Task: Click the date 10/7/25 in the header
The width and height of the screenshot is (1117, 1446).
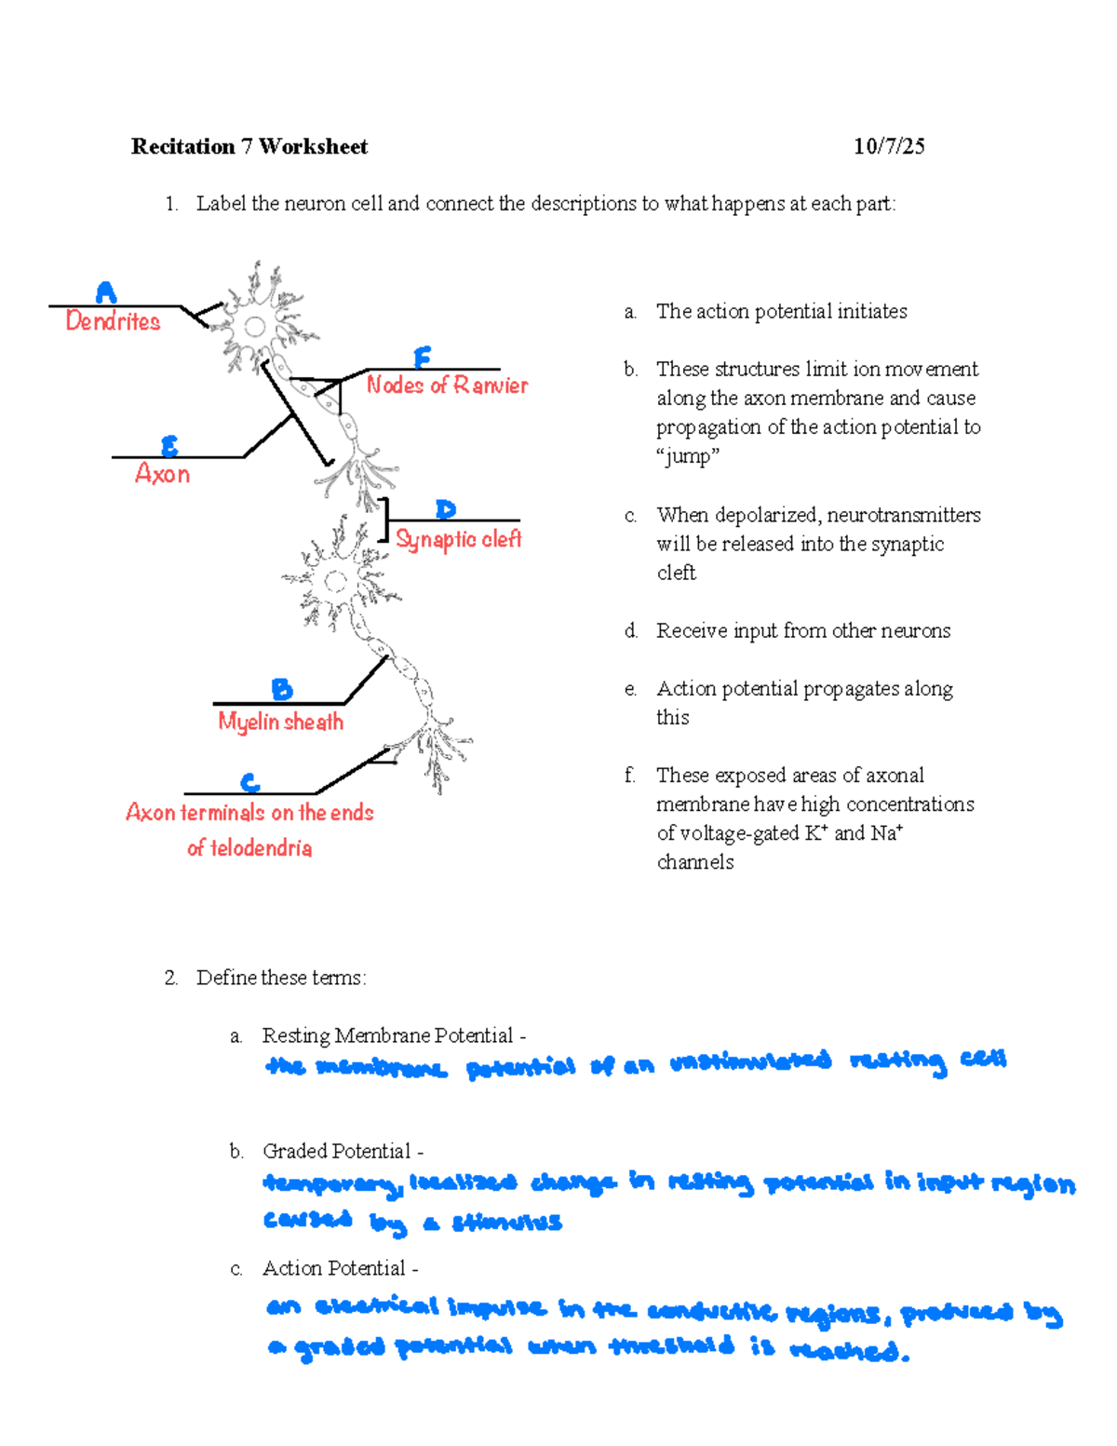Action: [x=889, y=146]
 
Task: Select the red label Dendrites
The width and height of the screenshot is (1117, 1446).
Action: [x=113, y=321]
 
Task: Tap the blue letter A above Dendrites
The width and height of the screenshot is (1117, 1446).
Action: [x=106, y=292]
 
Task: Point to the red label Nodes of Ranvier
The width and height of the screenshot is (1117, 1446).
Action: [x=447, y=385]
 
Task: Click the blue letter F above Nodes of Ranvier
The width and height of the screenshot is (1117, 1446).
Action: [x=422, y=358]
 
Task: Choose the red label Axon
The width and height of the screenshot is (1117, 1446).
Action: [x=163, y=474]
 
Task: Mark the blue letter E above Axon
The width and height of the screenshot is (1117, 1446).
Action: [x=169, y=446]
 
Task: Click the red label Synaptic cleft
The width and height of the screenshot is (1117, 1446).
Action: [x=458, y=539]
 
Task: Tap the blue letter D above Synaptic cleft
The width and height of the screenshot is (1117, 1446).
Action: [x=446, y=509]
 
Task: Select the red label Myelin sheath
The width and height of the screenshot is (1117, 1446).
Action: [x=280, y=722]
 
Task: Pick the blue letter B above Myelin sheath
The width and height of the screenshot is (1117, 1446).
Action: [x=281, y=689]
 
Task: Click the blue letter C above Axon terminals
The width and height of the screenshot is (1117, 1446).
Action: [x=249, y=782]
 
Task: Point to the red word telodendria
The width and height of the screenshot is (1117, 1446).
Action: [x=261, y=848]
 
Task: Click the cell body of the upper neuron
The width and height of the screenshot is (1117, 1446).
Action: [x=254, y=327]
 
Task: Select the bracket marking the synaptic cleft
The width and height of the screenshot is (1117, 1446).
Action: [x=384, y=520]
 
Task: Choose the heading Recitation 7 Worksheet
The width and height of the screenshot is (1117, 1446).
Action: [x=249, y=146]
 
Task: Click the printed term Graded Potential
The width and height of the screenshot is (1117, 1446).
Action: [x=336, y=1151]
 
